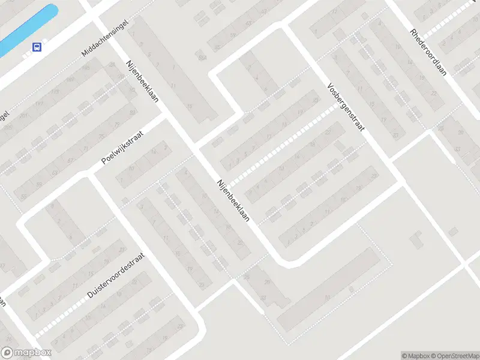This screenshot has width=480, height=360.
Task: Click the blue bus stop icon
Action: coord(37,47)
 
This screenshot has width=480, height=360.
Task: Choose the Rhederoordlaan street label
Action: coord(430,54)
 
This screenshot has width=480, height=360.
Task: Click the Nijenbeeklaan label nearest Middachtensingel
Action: coord(142,81)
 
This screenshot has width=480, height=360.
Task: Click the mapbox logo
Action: coord(26,353)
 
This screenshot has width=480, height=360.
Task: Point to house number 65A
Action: coord(202,57)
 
